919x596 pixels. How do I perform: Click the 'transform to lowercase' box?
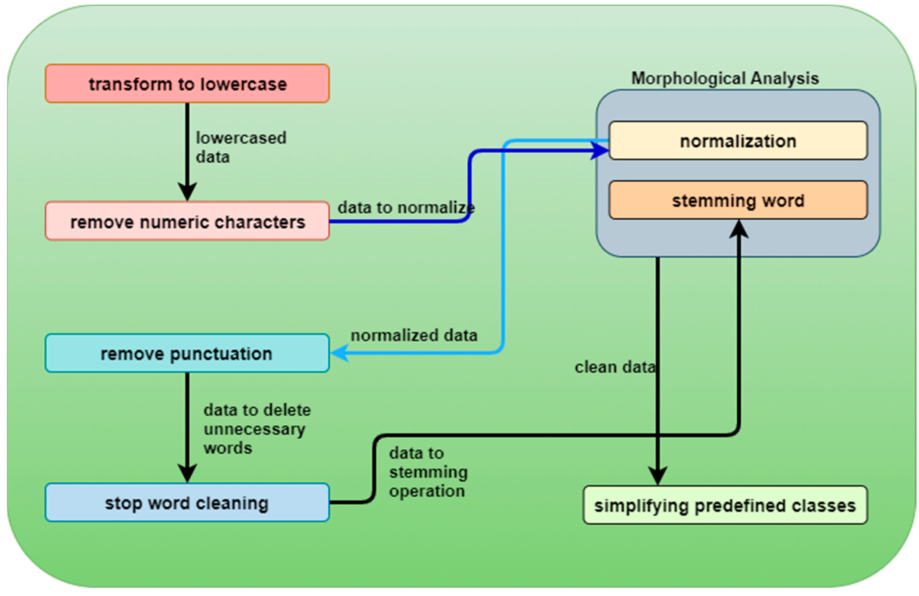(187, 84)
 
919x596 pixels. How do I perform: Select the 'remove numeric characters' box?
(187, 221)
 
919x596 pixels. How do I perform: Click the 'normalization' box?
(738, 141)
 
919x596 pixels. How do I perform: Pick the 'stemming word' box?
(738, 200)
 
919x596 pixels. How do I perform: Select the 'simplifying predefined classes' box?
(725, 505)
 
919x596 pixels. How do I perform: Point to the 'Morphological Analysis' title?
(725, 79)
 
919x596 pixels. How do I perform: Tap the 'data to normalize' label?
(406, 208)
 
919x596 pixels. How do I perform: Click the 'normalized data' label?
(414, 335)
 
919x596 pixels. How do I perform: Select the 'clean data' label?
(615, 367)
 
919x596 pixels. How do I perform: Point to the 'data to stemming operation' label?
(428, 472)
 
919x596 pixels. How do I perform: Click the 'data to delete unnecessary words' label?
(257, 429)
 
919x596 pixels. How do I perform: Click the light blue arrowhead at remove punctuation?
(340, 353)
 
